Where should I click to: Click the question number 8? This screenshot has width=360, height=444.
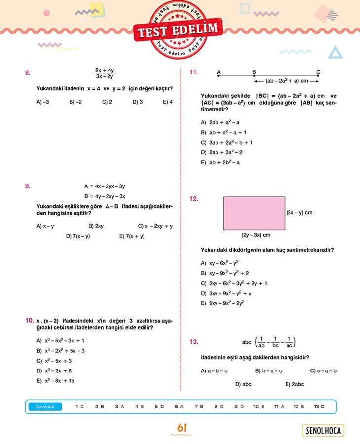point(28,73)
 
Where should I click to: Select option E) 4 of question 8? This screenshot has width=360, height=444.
point(168,102)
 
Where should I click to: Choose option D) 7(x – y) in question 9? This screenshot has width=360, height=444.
point(78,236)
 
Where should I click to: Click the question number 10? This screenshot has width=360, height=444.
point(29,320)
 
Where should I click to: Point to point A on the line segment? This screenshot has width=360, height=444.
point(219,76)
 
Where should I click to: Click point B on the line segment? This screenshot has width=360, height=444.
point(254,76)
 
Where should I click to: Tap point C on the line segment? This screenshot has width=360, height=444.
point(318,76)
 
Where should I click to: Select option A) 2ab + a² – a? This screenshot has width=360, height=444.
point(220,122)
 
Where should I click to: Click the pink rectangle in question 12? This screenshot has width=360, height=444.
point(254,213)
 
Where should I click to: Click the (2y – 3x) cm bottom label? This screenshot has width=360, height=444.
point(255,235)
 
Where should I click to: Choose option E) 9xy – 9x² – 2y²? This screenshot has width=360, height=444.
point(222,303)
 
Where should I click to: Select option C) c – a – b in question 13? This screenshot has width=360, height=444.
point(323,371)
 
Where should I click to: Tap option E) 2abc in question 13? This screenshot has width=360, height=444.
point(294,384)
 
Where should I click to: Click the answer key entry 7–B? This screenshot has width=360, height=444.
point(199,407)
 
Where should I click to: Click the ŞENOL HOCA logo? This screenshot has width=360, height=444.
point(324,431)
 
